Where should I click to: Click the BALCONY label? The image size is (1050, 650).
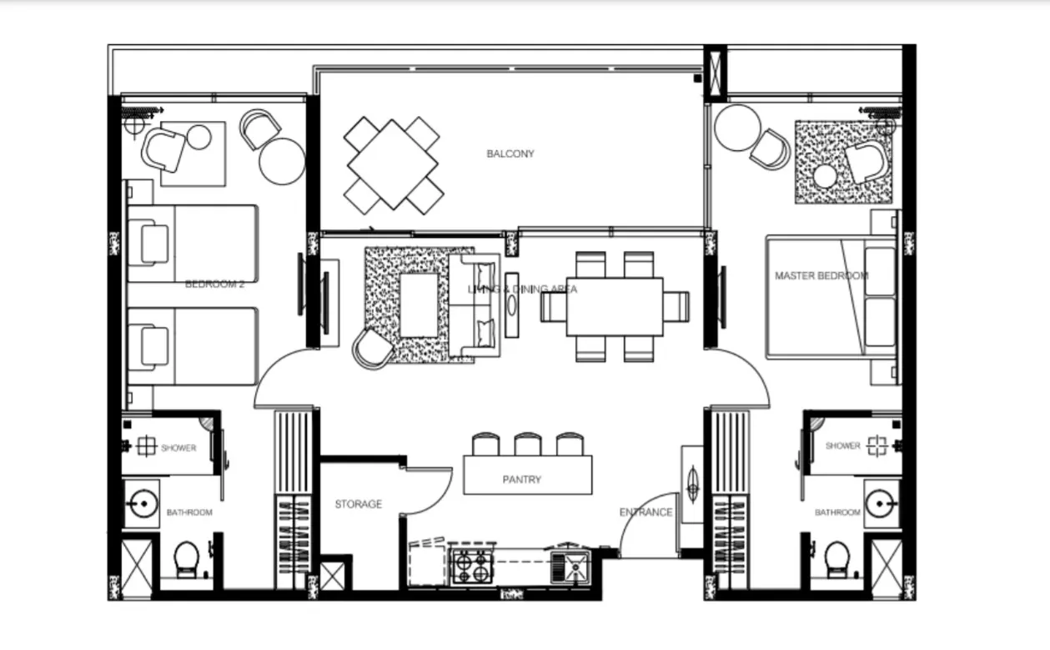pyautogui.click(x=510, y=154)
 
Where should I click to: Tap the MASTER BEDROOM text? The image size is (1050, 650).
pyautogui.click(x=821, y=275)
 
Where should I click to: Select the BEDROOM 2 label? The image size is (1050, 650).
pyautogui.click(x=214, y=284)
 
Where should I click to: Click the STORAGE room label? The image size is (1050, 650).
pyautogui.click(x=359, y=504)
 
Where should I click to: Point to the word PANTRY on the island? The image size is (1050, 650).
pyautogui.click(x=522, y=479)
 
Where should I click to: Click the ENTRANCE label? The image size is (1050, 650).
pyautogui.click(x=646, y=512)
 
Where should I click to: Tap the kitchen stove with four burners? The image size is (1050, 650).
pyautogui.click(x=471, y=566)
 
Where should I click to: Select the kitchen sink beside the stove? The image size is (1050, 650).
pyautogui.click(x=572, y=567)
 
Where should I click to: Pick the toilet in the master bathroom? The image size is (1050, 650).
pyautogui.click(x=836, y=557)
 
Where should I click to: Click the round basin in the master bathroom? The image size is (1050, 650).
pyautogui.click(x=881, y=503)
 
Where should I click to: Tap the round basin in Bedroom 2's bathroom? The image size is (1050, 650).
pyautogui.click(x=142, y=503)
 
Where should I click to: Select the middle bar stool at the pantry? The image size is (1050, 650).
pyautogui.click(x=527, y=443)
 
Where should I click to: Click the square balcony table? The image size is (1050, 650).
pyautogui.click(x=393, y=164)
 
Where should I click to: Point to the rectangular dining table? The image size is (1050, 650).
pyautogui.click(x=615, y=306)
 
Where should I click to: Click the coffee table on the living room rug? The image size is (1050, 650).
pyautogui.click(x=419, y=305)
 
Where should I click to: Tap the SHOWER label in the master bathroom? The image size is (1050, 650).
pyautogui.click(x=842, y=446)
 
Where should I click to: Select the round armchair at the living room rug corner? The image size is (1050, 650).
pyautogui.click(x=373, y=348)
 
